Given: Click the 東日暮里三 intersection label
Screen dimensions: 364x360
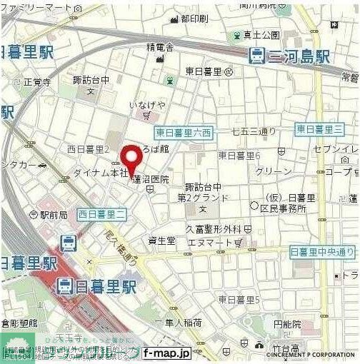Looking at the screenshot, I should (x=319, y=128).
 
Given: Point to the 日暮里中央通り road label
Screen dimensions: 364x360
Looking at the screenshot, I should (x=323, y=251).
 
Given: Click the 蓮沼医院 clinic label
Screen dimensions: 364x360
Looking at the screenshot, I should (x=151, y=180).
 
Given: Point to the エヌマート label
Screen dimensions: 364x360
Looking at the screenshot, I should (x=214, y=243).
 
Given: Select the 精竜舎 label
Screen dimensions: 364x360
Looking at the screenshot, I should (x=161, y=48).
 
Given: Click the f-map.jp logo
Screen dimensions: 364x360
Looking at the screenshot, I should (x=166, y=352).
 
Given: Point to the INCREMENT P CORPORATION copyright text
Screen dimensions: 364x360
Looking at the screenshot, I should (x=311, y=354).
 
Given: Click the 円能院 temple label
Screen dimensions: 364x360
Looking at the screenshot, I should (x=287, y=323).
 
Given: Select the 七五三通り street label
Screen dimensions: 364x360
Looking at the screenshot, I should (x=249, y=131).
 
